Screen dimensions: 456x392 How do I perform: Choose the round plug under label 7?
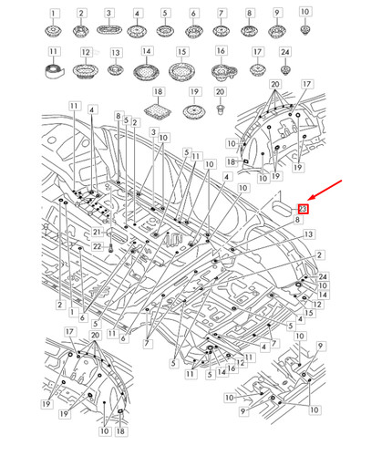(221, 34)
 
